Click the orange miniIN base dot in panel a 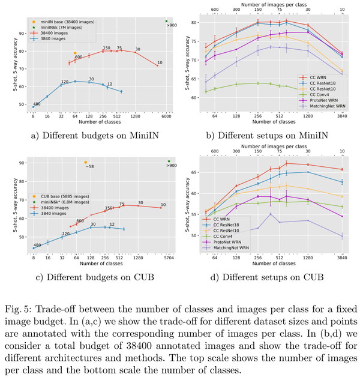tap(74, 53)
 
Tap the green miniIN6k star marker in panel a tap(166, 21)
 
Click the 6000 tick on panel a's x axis tap(166, 117)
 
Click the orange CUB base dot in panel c tap(85, 162)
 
